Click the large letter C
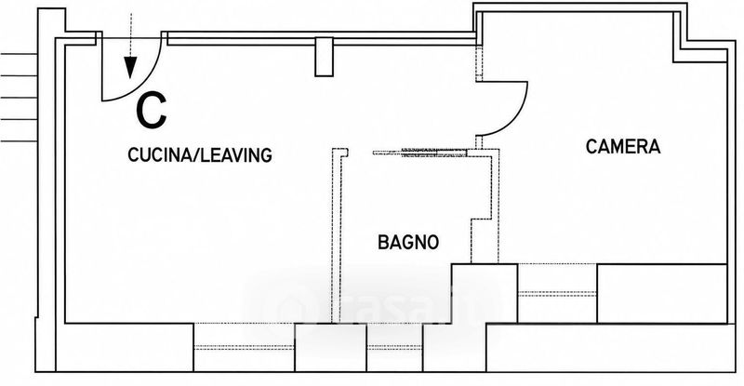tap(152, 111)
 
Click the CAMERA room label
tap(622, 146)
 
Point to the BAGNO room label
tap(408, 242)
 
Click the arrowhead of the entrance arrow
tap(130, 67)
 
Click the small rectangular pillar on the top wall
tap(324, 57)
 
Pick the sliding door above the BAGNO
tap(420, 153)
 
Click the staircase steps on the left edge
tap(19, 98)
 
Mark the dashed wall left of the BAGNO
tap(336, 235)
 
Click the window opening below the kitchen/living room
tap(244, 347)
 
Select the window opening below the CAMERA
tap(557, 293)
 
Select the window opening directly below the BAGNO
tap(394, 347)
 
